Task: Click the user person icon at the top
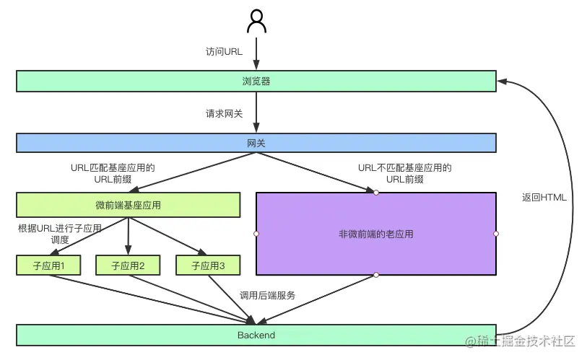(x=256, y=22)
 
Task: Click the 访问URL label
(x=224, y=52)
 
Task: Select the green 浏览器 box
(x=256, y=81)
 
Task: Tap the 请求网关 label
(x=224, y=113)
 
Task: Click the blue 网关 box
(x=256, y=143)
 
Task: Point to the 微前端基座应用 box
(x=128, y=205)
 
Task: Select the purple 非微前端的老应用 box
(x=376, y=234)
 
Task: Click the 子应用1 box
(x=49, y=265)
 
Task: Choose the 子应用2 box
(x=129, y=265)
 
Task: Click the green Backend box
(x=256, y=335)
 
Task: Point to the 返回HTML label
(x=544, y=198)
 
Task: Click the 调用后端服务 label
(x=267, y=296)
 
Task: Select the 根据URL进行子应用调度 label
(x=60, y=234)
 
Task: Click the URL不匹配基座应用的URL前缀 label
(x=404, y=173)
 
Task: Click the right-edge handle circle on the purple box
(x=496, y=234)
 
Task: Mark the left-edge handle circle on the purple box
(x=256, y=234)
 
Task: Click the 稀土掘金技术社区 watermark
(x=521, y=341)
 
